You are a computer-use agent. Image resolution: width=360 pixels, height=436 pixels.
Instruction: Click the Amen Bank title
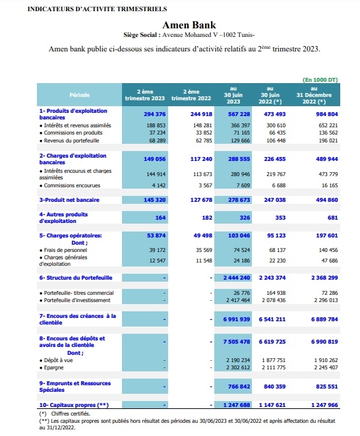189,25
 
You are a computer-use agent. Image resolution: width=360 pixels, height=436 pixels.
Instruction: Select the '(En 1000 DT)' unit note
320,80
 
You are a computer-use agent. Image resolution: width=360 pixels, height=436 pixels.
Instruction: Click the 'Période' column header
80,95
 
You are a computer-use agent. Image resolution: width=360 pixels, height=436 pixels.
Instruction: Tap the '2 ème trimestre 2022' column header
191,95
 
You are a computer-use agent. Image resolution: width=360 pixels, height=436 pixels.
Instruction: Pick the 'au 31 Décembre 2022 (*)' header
314,95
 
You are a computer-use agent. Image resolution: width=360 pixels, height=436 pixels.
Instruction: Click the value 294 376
154,114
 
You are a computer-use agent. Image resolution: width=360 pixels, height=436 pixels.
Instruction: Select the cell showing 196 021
328,140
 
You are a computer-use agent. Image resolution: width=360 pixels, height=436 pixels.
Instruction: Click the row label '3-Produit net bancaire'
69,200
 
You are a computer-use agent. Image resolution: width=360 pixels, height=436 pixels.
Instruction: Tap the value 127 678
201,200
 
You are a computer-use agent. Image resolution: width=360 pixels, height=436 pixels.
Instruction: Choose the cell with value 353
280,218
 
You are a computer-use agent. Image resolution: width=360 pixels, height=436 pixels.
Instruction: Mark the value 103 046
239,235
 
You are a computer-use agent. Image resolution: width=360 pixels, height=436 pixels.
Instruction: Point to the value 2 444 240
237,278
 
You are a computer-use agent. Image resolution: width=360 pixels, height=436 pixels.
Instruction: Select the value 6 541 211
272,319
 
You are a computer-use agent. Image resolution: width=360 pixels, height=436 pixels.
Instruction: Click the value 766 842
239,387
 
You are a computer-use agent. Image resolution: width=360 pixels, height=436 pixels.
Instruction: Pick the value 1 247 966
324,405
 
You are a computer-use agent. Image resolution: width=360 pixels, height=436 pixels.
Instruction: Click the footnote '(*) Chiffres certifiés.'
65,414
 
